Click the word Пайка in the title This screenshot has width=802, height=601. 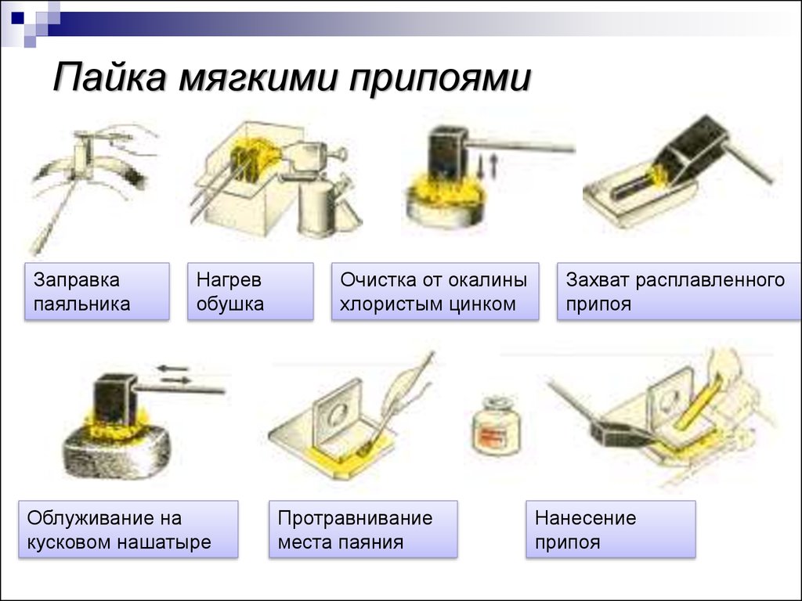[x=110, y=77]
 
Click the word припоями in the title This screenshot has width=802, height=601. [x=440, y=77]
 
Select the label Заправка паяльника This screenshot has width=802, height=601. [x=97, y=292]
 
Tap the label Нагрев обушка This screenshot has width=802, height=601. [x=251, y=292]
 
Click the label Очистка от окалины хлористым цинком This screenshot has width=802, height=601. [x=435, y=292]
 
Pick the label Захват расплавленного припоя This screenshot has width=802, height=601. [x=679, y=292]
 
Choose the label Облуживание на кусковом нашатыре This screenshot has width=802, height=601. [x=128, y=530]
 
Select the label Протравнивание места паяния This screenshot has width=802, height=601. [x=363, y=530]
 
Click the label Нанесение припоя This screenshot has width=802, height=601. [x=611, y=530]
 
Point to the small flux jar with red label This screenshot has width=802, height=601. [x=496, y=425]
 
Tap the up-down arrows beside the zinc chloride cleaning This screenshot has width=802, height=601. [x=487, y=167]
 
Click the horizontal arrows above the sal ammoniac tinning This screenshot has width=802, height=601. [x=173, y=374]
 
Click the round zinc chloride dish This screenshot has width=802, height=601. [x=444, y=206]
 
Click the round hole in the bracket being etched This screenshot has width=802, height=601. [x=338, y=413]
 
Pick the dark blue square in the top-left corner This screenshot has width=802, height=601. [x=17, y=17]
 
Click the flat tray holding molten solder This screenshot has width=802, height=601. [x=638, y=200]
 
